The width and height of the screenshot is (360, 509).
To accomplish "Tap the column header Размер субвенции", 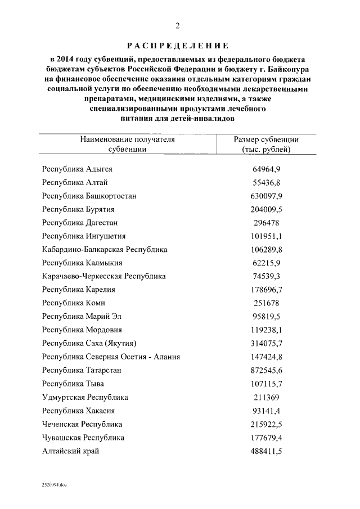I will (x=266, y=144).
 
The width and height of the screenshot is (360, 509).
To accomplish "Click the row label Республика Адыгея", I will (x=77, y=169).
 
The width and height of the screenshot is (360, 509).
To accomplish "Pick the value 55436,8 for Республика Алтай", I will (x=266, y=183).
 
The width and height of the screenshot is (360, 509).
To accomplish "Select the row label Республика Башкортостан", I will (x=89, y=196).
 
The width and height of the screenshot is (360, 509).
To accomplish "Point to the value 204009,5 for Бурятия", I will (x=266, y=209).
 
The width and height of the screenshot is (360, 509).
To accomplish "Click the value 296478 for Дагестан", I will (x=266, y=223).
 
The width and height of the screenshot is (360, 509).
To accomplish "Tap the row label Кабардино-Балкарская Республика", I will (x=105, y=249).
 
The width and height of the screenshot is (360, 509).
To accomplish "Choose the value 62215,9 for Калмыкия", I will (x=266, y=263).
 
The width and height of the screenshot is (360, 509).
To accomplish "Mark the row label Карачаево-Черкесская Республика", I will (x=104, y=276).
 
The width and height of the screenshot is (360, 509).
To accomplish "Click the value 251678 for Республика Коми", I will (x=266, y=303).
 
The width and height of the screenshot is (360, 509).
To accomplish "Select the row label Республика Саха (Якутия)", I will (x=90, y=343).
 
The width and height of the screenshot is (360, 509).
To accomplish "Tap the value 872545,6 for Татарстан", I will (x=266, y=370).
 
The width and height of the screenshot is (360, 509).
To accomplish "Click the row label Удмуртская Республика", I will (x=85, y=397).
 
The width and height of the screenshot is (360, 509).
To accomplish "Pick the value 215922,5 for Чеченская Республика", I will (x=266, y=424).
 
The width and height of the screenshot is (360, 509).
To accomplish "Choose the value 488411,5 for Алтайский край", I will (x=266, y=451).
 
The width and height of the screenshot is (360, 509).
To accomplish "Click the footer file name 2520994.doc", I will (x=54, y=484).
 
